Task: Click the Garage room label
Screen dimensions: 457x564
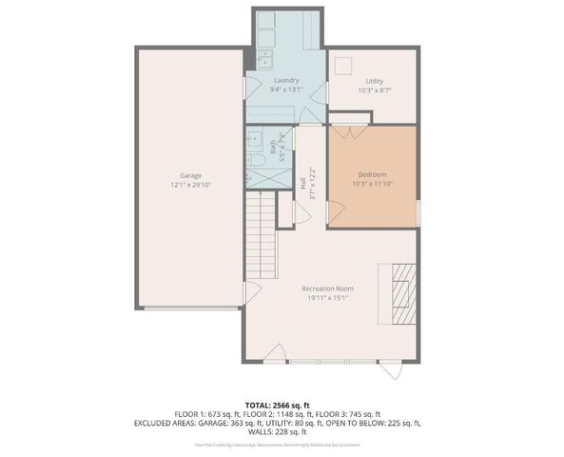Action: pos(190,175)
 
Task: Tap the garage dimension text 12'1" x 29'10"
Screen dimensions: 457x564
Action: pos(190,185)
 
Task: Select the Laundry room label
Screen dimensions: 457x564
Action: pos(286,80)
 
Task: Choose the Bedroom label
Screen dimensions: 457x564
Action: pos(372,174)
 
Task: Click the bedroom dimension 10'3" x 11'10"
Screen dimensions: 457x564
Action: pos(372,184)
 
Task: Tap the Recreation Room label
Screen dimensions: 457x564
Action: pos(327,288)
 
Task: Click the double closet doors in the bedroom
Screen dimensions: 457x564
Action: pos(348,132)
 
